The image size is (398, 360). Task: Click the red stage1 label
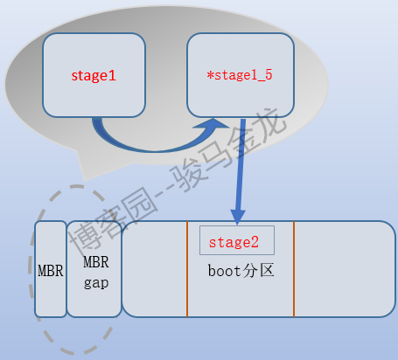point(94,76)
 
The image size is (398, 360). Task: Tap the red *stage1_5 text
point(240,75)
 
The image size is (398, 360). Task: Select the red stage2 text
point(234,242)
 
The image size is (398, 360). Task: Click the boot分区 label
point(241,271)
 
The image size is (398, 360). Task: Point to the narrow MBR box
point(51,269)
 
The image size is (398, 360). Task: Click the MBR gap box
point(94,269)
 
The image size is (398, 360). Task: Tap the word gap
point(96,283)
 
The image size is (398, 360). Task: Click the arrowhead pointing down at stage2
point(238,217)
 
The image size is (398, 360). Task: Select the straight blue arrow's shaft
point(241,164)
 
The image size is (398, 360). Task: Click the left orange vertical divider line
point(187,269)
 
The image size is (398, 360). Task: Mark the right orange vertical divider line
point(294,269)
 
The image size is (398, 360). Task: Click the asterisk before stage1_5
point(210,75)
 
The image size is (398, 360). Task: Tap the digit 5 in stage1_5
point(269,74)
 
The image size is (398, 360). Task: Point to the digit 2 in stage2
point(255,242)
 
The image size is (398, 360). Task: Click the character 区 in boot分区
point(267,270)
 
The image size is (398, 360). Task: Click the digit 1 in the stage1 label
point(113,76)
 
